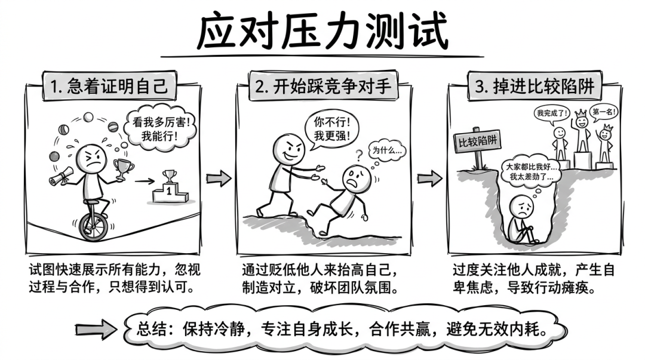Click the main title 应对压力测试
pyautogui.click(x=322, y=32)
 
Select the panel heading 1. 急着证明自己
pyautogui.click(x=109, y=86)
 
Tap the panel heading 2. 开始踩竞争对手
pyautogui.click(x=323, y=86)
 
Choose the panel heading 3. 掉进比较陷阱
pyautogui.click(x=535, y=86)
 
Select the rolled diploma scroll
pyautogui.click(x=62, y=176)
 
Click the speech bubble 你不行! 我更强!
pyautogui.click(x=331, y=129)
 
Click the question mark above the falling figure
pyautogui.click(x=359, y=155)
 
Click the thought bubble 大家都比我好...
pyautogui.click(x=531, y=173)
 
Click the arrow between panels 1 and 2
pyautogui.click(x=219, y=178)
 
